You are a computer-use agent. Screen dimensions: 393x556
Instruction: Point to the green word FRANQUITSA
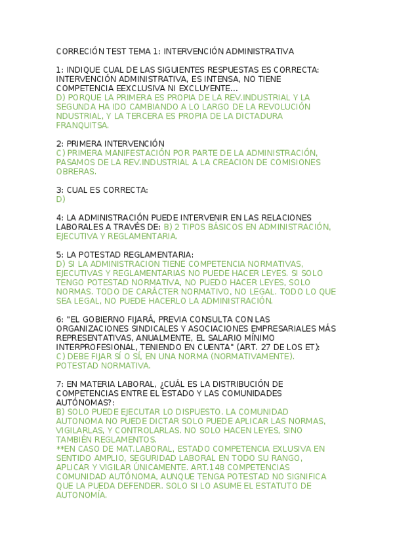click(83, 125)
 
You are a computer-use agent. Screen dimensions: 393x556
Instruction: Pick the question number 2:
click(60, 144)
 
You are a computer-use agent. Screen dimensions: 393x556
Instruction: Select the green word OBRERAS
click(76, 172)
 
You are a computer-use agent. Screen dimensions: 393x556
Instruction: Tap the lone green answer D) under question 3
click(61, 199)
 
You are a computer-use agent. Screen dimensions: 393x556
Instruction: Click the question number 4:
click(60, 218)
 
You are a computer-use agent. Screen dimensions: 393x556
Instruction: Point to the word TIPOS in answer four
click(202, 227)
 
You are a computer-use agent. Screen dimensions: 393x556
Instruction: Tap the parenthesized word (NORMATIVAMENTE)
click(251, 357)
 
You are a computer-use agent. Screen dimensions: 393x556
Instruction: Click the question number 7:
click(60, 384)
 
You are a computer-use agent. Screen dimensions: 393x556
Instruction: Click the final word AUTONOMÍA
click(81, 496)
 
